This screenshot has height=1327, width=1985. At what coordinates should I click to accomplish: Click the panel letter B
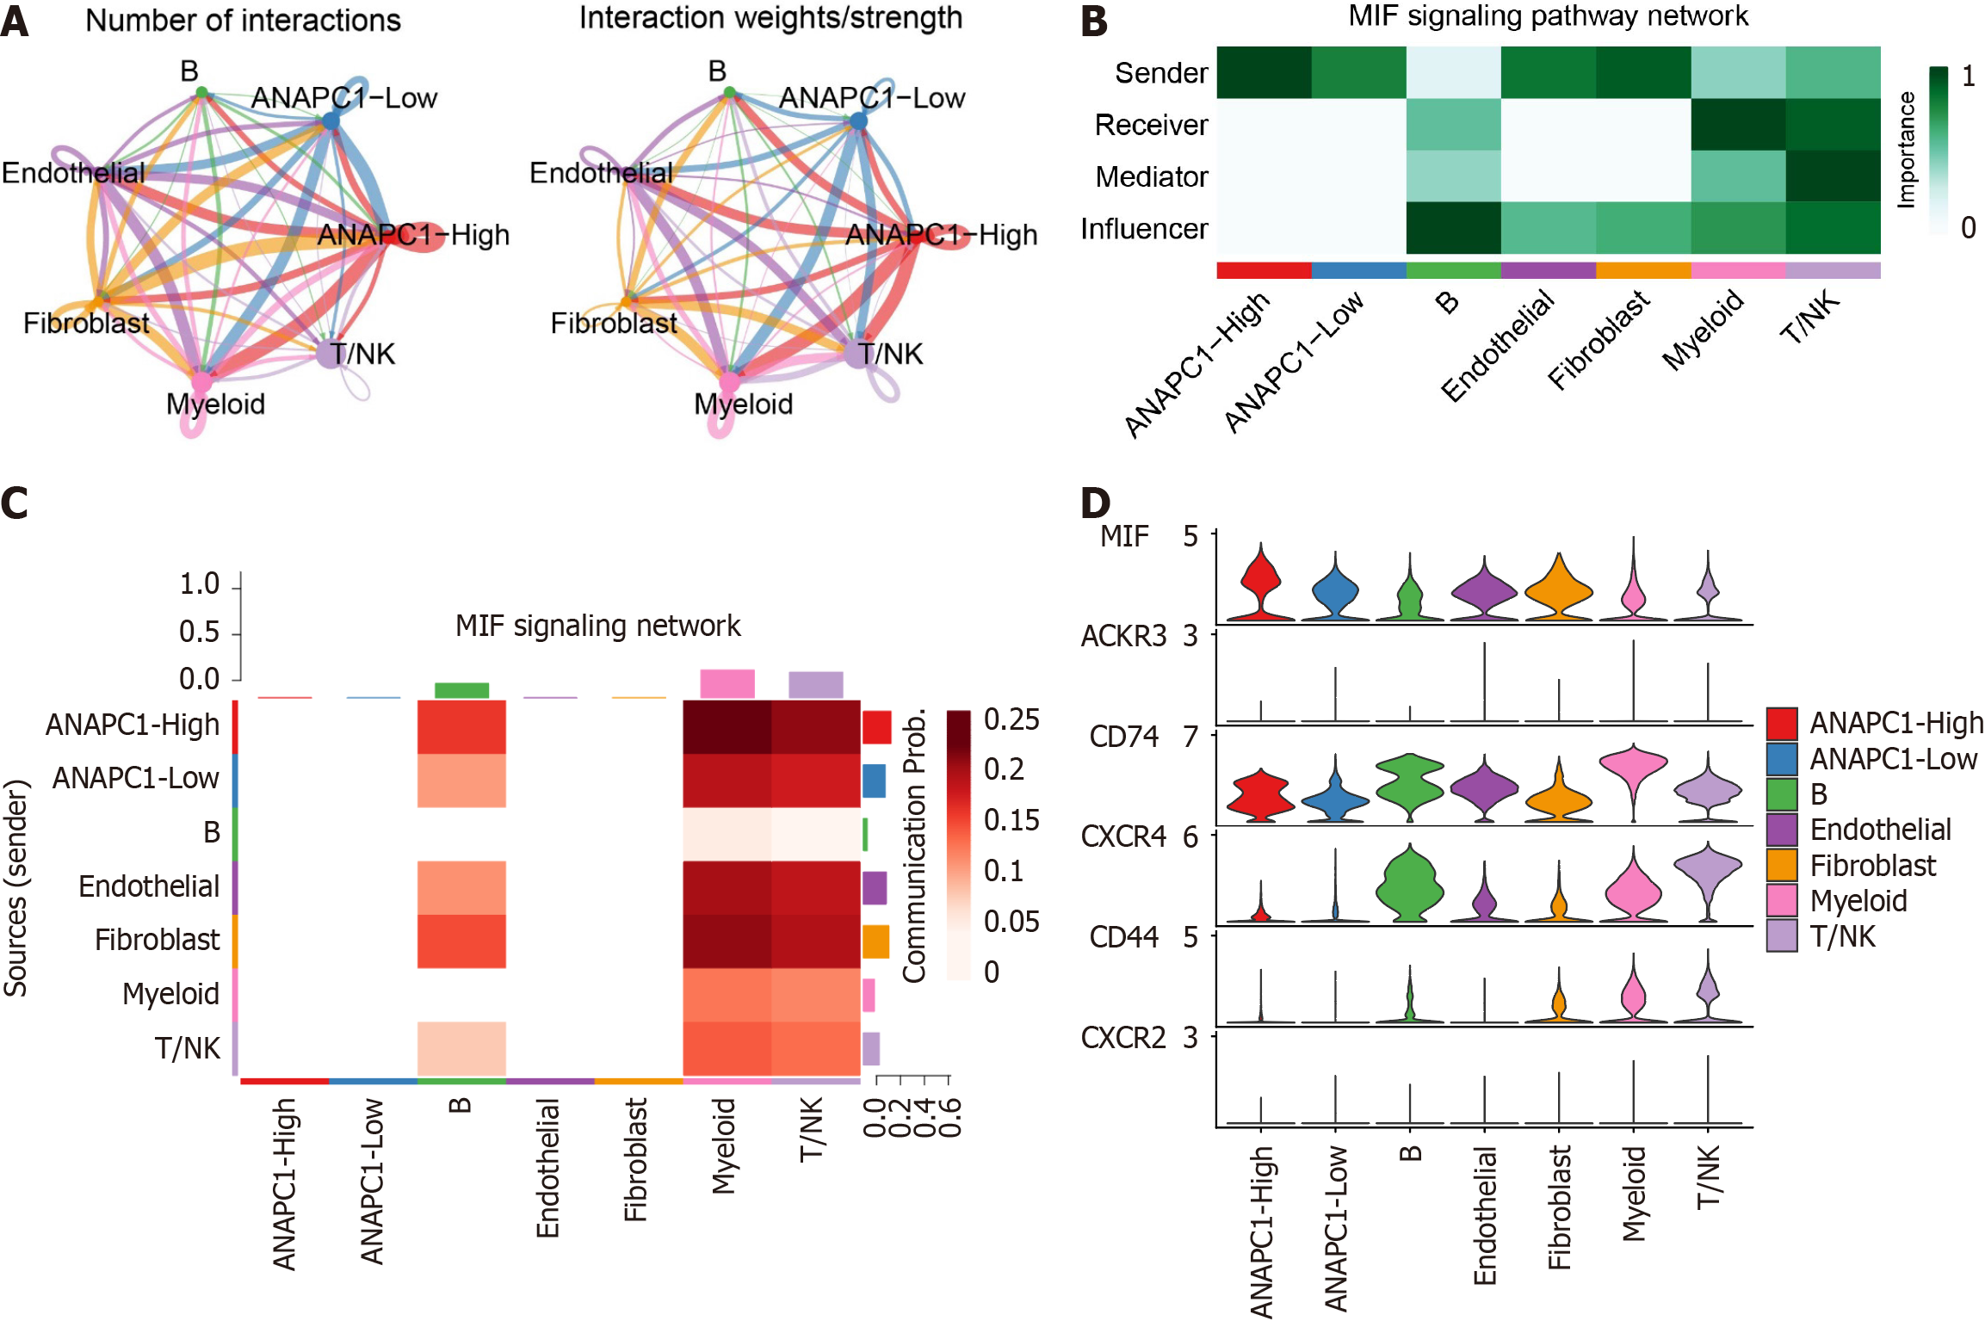point(1094,21)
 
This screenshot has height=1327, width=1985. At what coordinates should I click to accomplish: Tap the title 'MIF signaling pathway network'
point(1548,16)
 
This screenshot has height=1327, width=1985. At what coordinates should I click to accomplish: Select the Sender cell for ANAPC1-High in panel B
point(1264,73)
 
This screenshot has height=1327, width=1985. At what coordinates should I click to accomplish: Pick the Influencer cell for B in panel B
point(1453,228)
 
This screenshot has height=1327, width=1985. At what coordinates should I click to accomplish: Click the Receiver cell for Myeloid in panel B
point(1738,125)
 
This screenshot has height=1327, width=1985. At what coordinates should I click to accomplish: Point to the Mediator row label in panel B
point(1151,177)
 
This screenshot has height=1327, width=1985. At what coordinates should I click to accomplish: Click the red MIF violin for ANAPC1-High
point(1261,585)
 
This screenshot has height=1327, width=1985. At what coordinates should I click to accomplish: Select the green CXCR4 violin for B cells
point(1410,886)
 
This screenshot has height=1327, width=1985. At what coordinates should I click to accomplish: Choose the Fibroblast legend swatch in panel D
point(1781,865)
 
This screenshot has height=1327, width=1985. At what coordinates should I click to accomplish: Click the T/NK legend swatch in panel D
point(1781,935)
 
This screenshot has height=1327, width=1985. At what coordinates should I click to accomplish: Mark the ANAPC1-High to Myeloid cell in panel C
point(727,727)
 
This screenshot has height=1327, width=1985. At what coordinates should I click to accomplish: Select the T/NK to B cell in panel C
point(461,1048)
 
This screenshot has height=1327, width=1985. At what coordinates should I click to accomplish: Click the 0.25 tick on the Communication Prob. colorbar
point(1011,719)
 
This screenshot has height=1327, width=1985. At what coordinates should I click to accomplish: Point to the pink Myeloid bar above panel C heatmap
point(727,683)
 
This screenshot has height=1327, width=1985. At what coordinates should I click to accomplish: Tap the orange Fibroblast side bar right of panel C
point(875,941)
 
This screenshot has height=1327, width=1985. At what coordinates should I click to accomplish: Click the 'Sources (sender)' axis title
point(16,887)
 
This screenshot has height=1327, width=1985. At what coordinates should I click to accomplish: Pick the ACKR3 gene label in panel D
point(1123,637)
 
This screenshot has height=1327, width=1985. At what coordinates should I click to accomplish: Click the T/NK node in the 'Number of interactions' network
point(330,354)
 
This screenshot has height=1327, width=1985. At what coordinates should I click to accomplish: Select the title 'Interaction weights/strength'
point(770,18)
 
